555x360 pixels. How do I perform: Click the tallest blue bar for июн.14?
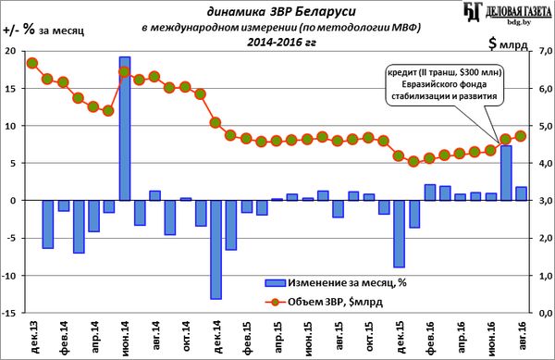(x=125, y=129)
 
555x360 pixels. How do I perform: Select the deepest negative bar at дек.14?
(x=216, y=250)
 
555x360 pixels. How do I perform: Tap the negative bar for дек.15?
(x=399, y=234)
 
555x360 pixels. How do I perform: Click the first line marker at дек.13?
(x=32, y=63)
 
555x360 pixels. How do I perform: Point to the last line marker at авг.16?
(x=521, y=136)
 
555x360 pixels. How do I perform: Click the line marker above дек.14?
(x=216, y=123)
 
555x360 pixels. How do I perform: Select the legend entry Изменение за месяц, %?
(x=336, y=282)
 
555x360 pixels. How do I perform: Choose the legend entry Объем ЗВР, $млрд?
(x=324, y=302)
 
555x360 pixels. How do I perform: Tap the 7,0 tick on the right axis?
(x=542, y=51)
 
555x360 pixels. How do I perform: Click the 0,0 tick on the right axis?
(x=542, y=313)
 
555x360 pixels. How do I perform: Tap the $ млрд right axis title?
(x=508, y=43)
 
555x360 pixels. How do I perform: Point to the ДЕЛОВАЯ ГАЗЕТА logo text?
(x=518, y=12)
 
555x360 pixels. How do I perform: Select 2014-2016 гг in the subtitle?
(x=282, y=43)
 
